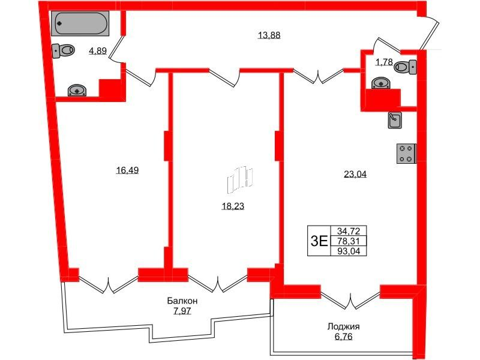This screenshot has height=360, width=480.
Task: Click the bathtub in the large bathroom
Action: [x=80, y=23]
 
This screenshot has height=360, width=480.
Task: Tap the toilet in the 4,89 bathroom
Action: [x=63, y=51]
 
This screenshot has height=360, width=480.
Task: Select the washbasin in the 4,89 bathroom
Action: [x=77, y=91]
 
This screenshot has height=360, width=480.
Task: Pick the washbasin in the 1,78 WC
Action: [x=380, y=83]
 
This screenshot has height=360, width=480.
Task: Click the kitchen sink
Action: [x=395, y=119]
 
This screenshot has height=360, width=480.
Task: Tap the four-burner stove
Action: [x=406, y=154]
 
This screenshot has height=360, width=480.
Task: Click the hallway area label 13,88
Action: [x=269, y=35]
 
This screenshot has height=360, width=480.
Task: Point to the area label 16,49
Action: [x=127, y=170]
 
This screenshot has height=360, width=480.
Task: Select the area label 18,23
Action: [x=233, y=206]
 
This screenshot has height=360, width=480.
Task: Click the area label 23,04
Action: [x=355, y=174]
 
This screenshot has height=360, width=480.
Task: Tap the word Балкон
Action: [x=182, y=301]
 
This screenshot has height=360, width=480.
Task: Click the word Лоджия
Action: [x=343, y=326]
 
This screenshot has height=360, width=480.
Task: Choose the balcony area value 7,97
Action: [x=182, y=311]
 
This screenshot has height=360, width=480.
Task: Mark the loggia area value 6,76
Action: [x=343, y=337]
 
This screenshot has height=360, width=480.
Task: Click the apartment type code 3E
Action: [x=319, y=242]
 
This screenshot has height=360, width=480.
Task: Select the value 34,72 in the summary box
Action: [x=349, y=231]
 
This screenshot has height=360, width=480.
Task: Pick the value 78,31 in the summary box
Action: [x=349, y=241]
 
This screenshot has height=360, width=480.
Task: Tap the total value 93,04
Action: [x=349, y=251]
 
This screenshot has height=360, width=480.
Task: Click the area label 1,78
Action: [x=384, y=62]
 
